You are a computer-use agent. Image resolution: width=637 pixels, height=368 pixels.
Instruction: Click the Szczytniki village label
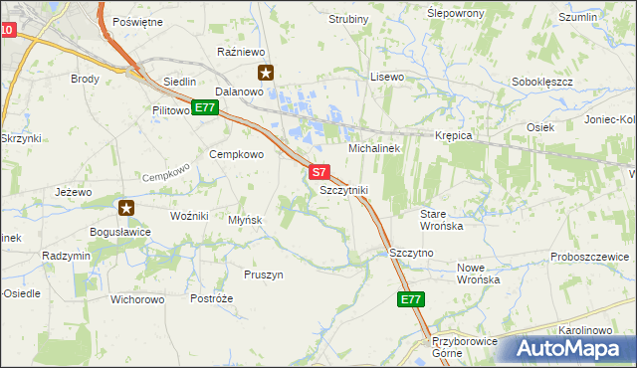[x=344, y=190]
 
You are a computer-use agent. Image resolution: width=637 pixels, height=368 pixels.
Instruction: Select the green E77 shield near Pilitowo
[x=205, y=107]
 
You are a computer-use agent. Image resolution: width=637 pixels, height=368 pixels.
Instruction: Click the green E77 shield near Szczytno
[x=411, y=298]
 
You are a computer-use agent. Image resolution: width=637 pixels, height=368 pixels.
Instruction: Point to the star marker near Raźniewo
[x=266, y=72]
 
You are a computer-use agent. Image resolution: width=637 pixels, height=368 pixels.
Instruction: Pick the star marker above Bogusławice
[x=126, y=208]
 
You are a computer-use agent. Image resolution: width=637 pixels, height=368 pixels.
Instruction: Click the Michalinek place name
[x=373, y=148]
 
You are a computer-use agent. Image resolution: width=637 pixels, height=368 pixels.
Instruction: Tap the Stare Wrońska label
[x=441, y=220]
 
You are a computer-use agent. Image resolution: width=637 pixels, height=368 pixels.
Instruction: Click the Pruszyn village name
[x=264, y=275]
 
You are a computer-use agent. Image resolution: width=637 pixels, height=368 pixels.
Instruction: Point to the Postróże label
[x=211, y=298]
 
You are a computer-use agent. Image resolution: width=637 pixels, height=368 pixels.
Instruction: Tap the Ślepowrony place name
[x=455, y=13]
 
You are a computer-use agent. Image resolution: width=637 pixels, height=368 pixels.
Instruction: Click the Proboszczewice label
[x=592, y=257]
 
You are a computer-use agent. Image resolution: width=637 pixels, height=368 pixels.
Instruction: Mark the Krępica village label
[x=453, y=135]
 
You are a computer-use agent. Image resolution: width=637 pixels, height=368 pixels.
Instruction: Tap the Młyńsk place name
[x=244, y=220]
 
